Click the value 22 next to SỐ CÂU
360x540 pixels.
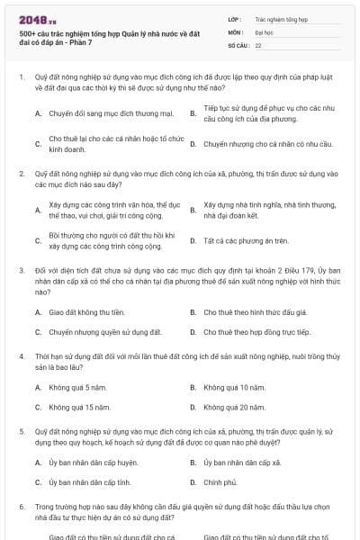tap(258, 44)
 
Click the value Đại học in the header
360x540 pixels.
tap(265, 31)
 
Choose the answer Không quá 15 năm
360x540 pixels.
tap(72, 407)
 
